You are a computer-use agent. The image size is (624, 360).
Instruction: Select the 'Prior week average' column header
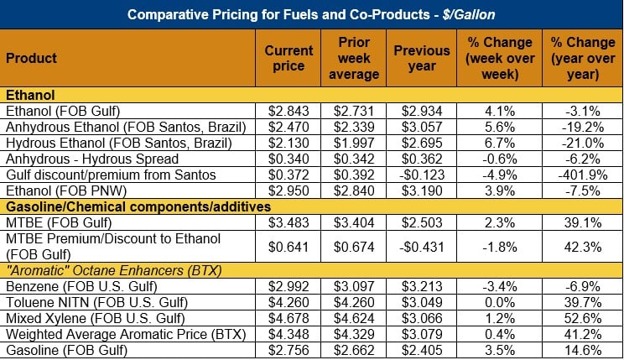[x=356, y=58]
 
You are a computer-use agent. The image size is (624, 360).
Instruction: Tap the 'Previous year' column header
[x=422, y=58]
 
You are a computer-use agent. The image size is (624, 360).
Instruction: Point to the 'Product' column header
[x=32, y=58]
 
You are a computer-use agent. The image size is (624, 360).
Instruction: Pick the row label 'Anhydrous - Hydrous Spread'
[x=92, y=159]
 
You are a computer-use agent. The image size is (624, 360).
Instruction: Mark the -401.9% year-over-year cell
[x=579, y=175]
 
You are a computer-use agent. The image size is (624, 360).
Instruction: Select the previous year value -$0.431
[x=422, y=247]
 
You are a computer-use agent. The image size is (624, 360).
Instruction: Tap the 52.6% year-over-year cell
[x=579, y=318]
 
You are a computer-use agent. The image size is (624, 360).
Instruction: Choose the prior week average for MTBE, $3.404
[x=356, y=222]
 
